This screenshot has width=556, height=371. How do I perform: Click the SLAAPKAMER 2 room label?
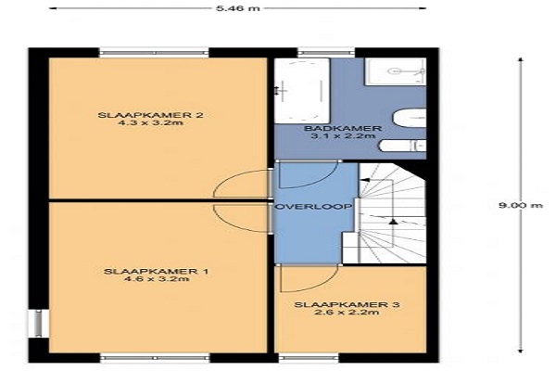(x=150, y=115)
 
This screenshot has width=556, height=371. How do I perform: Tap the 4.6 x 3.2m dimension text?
(x=157, y=279)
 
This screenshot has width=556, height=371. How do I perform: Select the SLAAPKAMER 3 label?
(x=347, y=304)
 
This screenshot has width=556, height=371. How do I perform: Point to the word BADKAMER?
(x=343, y=128)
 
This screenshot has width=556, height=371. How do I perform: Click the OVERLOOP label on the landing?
(x=314, y=206)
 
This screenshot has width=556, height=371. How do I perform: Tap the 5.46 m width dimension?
(x=238, y=7)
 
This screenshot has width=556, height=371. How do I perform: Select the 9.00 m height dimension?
(x=521, y=205)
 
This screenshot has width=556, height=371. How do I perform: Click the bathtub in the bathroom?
(x=302, y=91)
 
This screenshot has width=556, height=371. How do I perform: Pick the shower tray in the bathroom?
(x=396, y=71)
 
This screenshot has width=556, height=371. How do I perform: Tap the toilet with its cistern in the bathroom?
(x=403, y=146)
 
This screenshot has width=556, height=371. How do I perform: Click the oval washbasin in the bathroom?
(x=410, y=118)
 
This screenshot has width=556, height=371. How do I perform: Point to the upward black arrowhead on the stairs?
(x=393, y=222)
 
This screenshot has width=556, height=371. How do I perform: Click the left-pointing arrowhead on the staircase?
(x=365, y=180)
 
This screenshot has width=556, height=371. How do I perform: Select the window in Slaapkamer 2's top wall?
(x=154, y=53)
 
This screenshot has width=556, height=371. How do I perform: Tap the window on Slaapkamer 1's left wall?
(x=39, y=324)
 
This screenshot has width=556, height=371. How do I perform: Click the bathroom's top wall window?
(x=326, y=53)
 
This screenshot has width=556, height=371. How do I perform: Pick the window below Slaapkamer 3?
(x=309, y=358)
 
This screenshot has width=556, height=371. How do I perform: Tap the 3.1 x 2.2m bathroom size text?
(x=343, y=136)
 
